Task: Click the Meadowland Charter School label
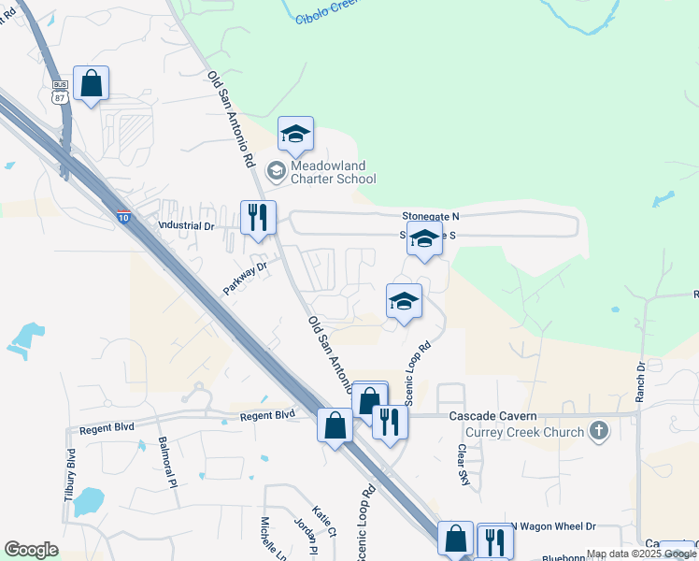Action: click(x=333, y=172)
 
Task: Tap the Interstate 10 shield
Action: click(x=123, y=217)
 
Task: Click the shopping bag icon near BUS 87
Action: click(x=92, y=83)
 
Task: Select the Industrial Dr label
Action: click(x=185, y=225)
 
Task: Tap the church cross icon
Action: click(x=599, y=432)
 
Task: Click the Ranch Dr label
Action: click(x=640, y=381)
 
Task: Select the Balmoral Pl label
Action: click(x=168, y=462)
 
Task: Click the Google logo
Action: click(x=31, y=550)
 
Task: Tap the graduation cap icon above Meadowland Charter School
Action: click(x=295, y=134)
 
